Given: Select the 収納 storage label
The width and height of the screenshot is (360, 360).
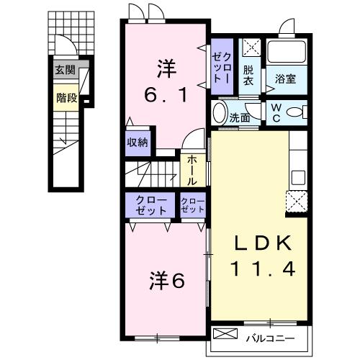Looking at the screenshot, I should (x=138, y=142).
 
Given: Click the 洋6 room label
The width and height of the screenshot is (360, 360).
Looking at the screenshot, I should (x=166, y=279).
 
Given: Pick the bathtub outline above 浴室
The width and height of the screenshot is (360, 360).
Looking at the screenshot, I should (x=287, y=52).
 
